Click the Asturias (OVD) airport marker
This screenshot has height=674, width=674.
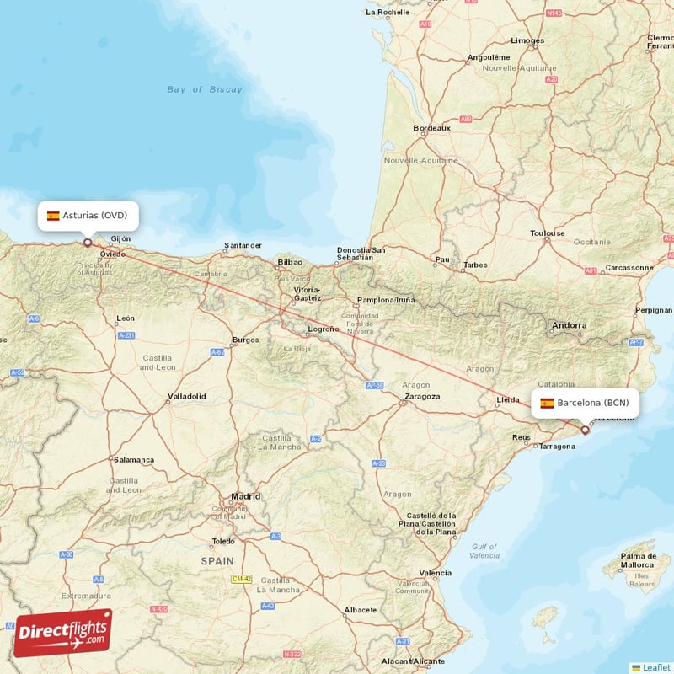coord(88,243)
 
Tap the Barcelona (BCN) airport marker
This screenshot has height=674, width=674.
coord(586,430)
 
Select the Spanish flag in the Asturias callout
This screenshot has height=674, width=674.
coord(53,216)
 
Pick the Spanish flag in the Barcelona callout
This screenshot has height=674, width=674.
coord(547,403)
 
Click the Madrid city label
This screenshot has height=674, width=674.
coord(245,497)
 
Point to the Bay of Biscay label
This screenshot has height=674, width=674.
coord(204,89)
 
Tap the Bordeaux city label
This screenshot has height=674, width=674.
coord(431,128)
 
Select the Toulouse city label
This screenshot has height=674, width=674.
coord(548,233)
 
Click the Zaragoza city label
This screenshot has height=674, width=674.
coord(422,396)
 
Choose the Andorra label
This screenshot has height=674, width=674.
coord(569,325)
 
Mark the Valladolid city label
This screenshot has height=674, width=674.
coord(186,395)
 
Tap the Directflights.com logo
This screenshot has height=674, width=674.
coord(62,633)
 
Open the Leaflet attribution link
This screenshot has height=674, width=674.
coord(655,667)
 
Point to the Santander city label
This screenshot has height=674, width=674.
coord(243,247)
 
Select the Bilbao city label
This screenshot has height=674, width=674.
coord(289,263)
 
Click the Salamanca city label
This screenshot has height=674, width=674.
coord(134,460)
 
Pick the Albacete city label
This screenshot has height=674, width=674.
coord(360,610)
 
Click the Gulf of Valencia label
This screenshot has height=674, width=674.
coord(484,551)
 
